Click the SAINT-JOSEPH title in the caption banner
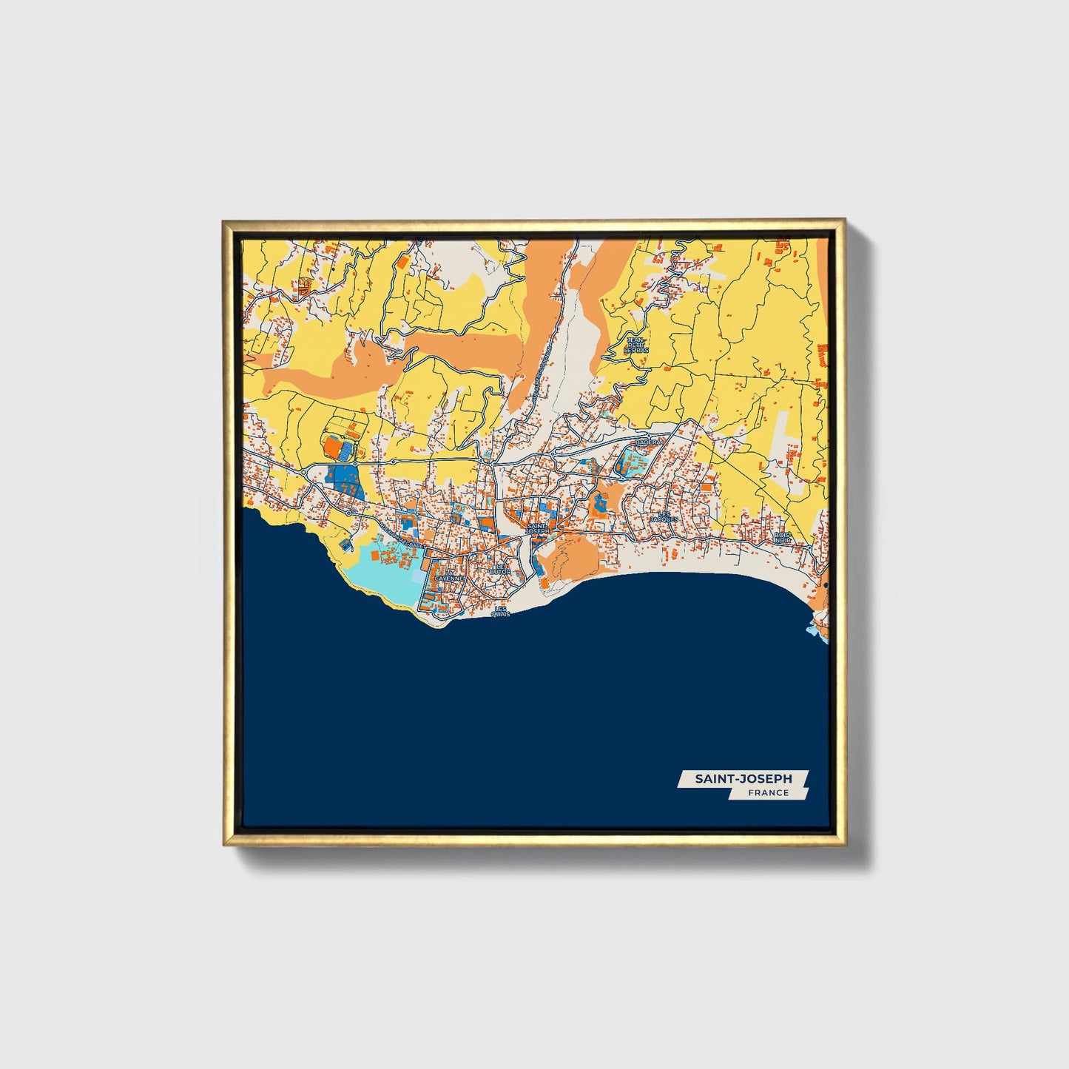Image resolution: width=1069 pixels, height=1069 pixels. click(742, 778)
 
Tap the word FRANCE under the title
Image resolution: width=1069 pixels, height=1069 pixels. click(768, 793)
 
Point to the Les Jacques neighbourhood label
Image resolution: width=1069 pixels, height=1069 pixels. click(664, 516)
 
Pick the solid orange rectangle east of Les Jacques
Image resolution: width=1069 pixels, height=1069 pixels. click(708, 488)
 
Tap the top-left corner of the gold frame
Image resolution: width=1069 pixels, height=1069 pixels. click(225, 222)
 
